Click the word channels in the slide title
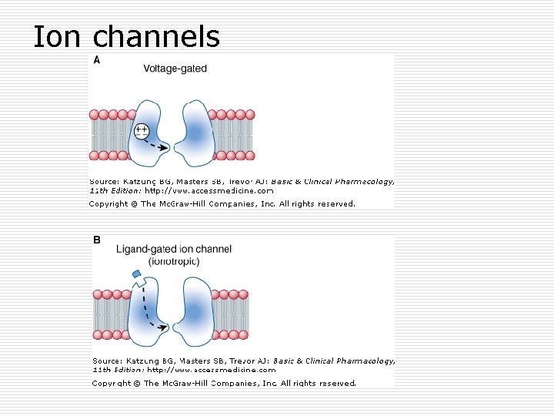156,36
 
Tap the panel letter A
97,59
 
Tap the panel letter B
97,240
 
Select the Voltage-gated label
175,69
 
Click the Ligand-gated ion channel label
173,250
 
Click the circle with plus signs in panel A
142,131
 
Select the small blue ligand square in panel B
136,273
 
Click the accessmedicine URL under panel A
209,190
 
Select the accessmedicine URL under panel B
212,370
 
